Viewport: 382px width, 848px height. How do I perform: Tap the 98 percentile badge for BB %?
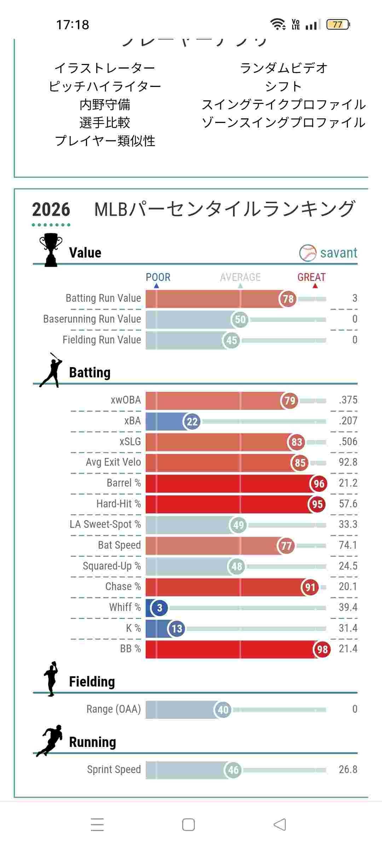pos(322,649)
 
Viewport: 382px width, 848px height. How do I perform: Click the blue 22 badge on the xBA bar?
pos(192,422)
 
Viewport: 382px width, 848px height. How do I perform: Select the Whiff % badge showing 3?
pos(160,608)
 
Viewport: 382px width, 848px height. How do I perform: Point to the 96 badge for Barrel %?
pos(319,484)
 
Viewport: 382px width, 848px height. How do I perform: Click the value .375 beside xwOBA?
pos(348,400)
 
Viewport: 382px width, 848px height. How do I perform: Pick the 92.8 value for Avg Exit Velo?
pos(348,462)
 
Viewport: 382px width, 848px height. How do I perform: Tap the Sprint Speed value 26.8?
pos(348,770)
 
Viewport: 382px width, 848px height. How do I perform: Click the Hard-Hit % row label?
pos(118,504)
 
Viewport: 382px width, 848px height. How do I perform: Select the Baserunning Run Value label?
pos(92,319)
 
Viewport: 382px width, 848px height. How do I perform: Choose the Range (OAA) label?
pos(114,709)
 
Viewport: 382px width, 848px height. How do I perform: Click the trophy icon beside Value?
pos(51,249)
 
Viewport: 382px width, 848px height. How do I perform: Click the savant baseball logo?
pos(307,253)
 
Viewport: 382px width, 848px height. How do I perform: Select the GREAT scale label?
pos(311,277)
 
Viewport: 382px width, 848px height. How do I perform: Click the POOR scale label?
pos(158,277)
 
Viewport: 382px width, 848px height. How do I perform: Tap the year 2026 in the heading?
pos(51,210)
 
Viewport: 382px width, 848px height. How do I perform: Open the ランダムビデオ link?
pos(284,68)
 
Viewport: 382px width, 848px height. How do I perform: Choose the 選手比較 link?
pos(105,123)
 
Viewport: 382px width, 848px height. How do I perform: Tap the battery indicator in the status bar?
pos(338,25)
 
